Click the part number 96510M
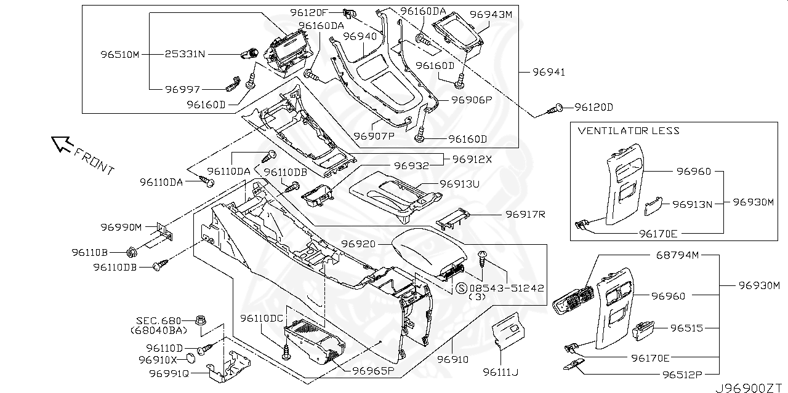coord(120,54)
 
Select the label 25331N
coord(185,54)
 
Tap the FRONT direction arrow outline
coord(61,144)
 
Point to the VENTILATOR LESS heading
coord(629,130)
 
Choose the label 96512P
coord(681,373)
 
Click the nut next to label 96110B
coord(131,252)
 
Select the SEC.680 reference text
coord(159,320)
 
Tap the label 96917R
coord(525,214)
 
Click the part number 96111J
coord(501,371)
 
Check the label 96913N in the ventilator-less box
coord(692,204)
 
